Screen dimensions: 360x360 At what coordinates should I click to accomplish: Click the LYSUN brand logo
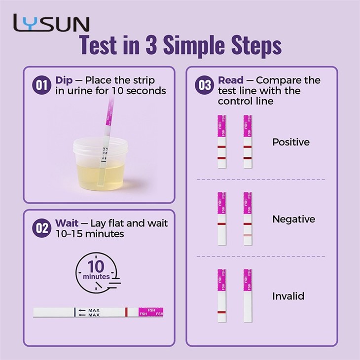click(x=51, y=23)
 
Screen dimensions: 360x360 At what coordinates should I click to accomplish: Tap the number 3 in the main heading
click(x=151, y=45)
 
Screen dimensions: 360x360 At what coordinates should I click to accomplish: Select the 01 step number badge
click(x=41, y=85)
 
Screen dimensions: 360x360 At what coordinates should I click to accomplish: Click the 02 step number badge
click(x=41, y=228)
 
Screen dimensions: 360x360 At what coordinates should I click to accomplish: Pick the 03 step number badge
click(x=204, y=85)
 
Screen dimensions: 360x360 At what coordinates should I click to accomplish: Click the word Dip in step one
click(x=64, y=80)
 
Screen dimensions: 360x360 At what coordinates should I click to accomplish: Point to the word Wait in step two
click(x=67, y=223)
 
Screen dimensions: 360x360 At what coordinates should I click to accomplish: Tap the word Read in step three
click(x=231, y=80)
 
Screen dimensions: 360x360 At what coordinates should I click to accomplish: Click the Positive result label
click(x=291, y=142)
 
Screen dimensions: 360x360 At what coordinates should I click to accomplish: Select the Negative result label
click(x=293, y=219)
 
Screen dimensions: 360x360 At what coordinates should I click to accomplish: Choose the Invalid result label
click(x=288, y=296)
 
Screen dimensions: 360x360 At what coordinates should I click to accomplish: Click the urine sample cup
click(x=100, y=164)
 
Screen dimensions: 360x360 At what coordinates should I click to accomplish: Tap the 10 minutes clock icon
click(x=98, y=273)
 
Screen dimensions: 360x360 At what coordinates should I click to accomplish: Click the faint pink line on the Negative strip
click(x=248, y=235)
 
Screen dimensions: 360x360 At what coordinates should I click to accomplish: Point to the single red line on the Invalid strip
click(x=222, y=312)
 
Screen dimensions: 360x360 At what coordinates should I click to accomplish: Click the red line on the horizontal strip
click(x=126, y=312)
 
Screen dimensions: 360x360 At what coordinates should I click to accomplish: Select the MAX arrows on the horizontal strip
click(x=89, y=313)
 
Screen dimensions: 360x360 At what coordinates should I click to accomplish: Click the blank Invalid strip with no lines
click(x=248, y=296)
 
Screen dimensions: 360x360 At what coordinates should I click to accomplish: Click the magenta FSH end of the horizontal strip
click(x=151, y=312)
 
